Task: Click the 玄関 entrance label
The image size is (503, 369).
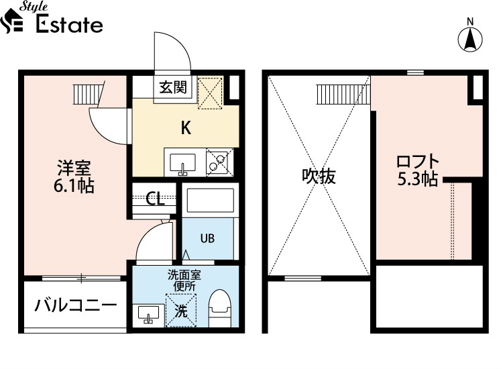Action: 173,87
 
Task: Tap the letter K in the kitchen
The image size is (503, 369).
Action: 186,127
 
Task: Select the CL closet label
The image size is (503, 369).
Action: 155,199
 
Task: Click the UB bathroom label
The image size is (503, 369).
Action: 207,238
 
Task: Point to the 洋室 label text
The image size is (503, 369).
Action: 74,168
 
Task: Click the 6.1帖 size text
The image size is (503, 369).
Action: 74,185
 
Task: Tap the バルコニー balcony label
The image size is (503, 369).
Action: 76,305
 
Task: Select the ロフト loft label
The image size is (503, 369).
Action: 418,162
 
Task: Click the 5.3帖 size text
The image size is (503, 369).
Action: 418,178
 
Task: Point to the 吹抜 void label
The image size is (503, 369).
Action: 319,176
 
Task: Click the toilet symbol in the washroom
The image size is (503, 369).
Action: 220,309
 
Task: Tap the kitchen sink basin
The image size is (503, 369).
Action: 182,163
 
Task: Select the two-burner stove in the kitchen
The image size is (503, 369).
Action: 219,162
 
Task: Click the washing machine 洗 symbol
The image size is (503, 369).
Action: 181,311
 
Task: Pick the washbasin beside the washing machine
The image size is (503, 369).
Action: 148,315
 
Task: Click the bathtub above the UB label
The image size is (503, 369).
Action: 210,200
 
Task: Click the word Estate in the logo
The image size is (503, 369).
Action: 69,24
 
